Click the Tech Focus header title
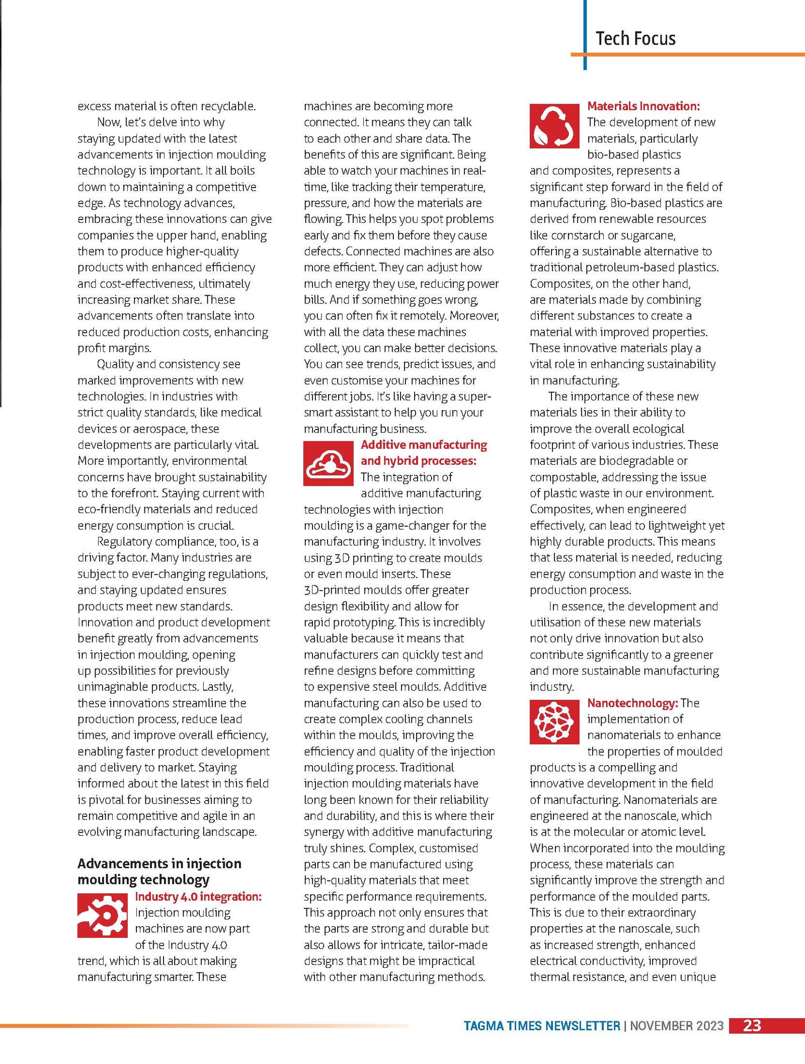(635, 39)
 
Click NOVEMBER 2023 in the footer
(677, 1026)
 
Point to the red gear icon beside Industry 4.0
(102, 916)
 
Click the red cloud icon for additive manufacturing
(328, 463)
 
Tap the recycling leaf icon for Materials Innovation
(554, 126)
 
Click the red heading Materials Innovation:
(643, 106)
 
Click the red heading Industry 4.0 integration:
(198, 896)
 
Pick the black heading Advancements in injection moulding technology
(159, 871)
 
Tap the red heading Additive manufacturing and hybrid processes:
(424, 453)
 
